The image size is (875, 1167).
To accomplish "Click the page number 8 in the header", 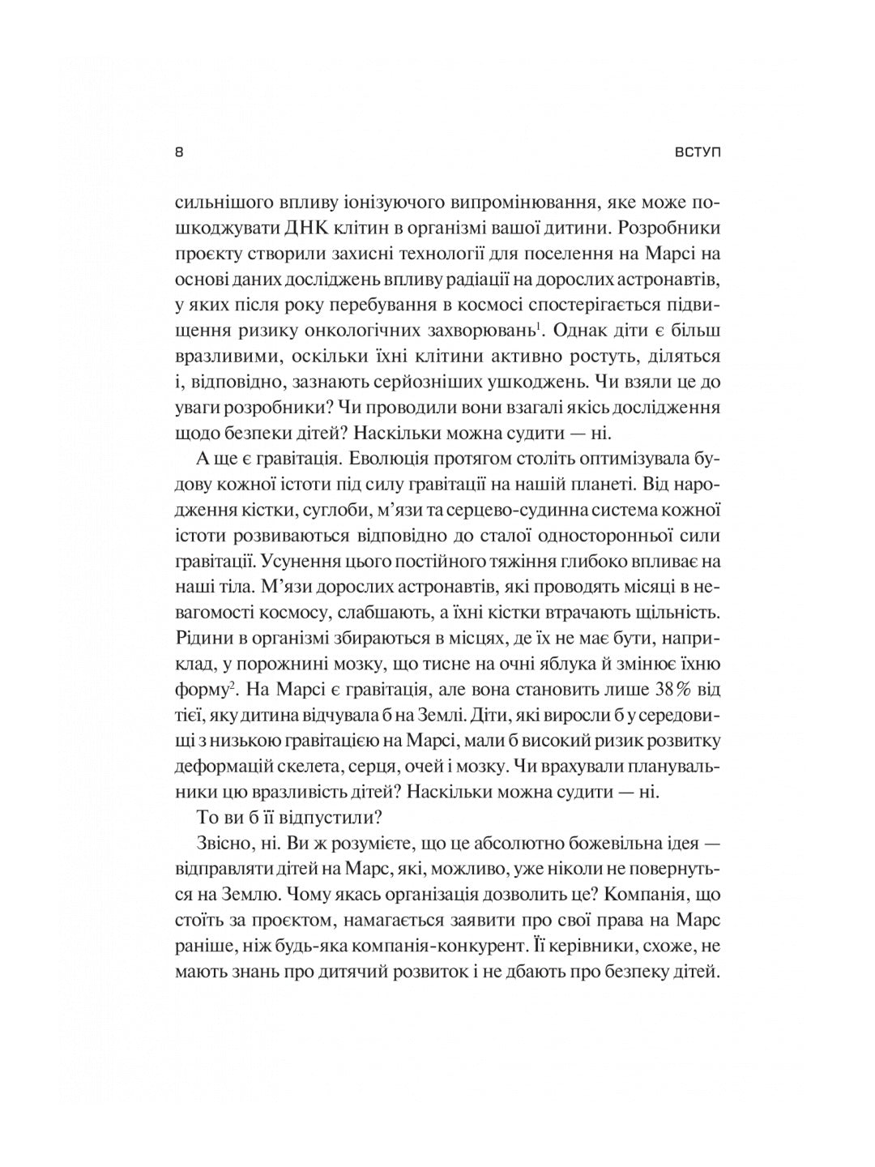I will [x=179, y=152].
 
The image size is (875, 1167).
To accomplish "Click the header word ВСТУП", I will [x=697, y=152].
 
